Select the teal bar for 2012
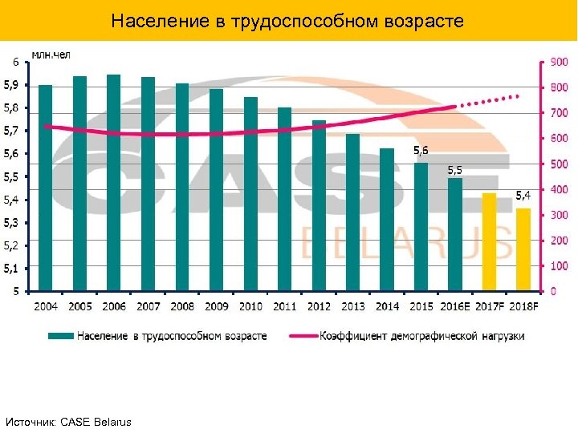point(319,205)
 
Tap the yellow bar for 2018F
point(523,249)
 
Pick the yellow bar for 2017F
point(489,241)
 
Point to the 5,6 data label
point(421,150)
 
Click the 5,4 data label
point(523,195)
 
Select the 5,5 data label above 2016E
point(454,170)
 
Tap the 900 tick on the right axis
point(558,62)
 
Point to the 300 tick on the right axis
point(558,215)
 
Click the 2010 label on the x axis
point(250,306)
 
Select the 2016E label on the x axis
point(455,306)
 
